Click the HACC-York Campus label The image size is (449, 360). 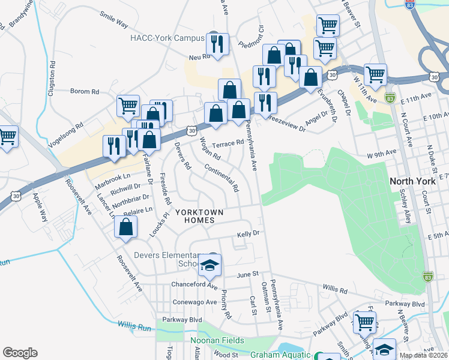[167, 37]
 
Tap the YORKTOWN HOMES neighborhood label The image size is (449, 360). [199, 216]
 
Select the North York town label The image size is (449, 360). [414, 181]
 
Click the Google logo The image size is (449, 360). [20, 353]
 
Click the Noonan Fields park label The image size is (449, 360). [215, 340]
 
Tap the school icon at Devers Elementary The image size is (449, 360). [210, 265]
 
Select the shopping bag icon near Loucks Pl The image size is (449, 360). [126, 227]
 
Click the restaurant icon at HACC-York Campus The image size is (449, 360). [217, 44]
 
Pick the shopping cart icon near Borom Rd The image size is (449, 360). [128, 106]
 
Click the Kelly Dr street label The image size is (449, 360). [248, 233]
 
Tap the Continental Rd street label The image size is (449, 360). [221, 178]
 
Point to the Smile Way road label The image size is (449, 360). [114, 24]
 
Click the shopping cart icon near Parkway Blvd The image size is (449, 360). [364, 322]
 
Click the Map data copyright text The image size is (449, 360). [423, 355]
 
